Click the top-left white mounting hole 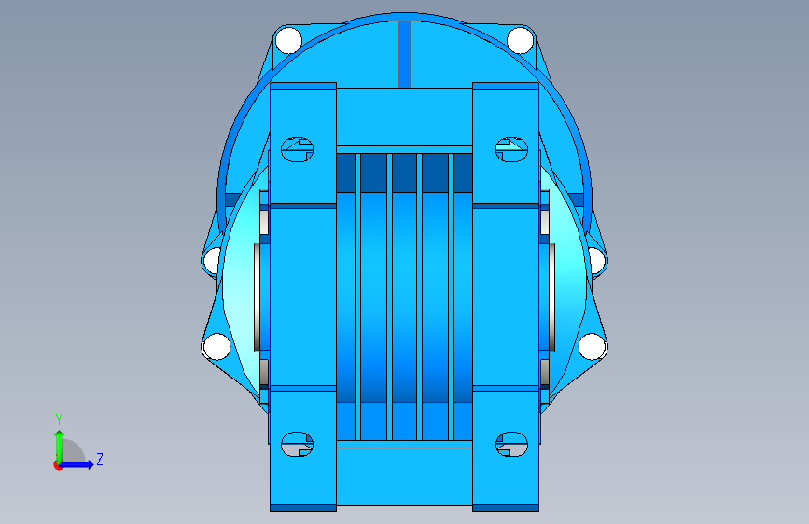pyautogui.click(x=288, y=40)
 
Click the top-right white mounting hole pyautogui.click(x=520, y=40)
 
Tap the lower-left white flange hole pyautogui.click(x=216, y=346)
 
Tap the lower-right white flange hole pyautogui.click(x=592, y=346)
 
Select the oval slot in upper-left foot pyautogui.click(x=297, y=149)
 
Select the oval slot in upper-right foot pyautogui.click(x=512, y=149)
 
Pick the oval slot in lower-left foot pyautogui.click(x=297, y=444)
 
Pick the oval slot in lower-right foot pyautogui.click(x=512, y=444)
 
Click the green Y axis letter pyautogui.click(x=59, y=420)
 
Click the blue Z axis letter pyautogui.click(x=100, y=459)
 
